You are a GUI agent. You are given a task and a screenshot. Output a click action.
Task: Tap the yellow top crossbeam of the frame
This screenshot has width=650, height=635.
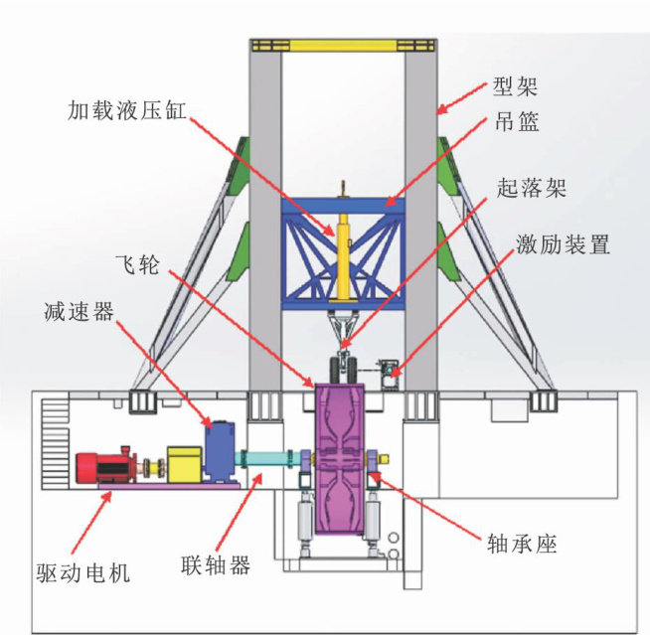[x=342, y=45]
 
